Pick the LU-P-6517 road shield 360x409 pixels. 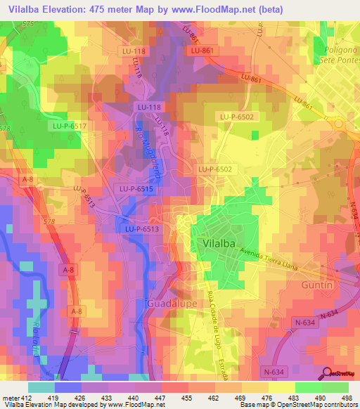[69, 126]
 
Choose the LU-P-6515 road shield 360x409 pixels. [137, 189]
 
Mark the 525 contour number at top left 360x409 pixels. [27, 24]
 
